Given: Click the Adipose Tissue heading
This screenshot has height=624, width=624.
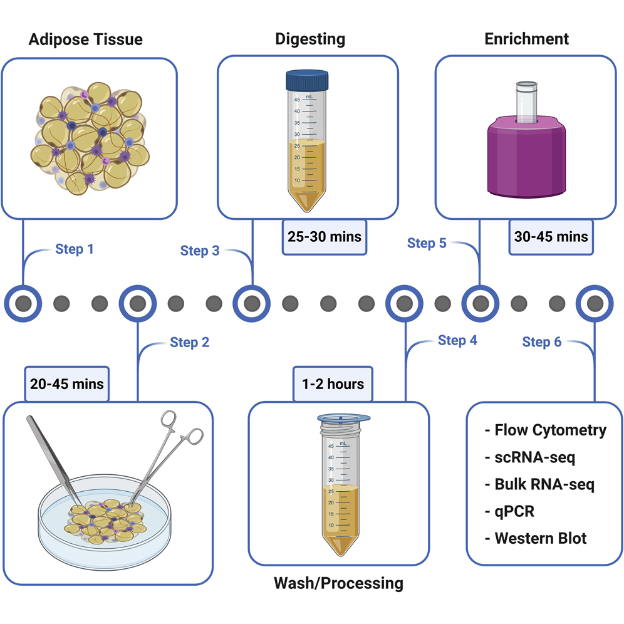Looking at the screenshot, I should pos(86,39).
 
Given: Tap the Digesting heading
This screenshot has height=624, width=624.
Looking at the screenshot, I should pos(310,39).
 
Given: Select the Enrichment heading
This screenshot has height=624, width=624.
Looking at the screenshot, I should pos(526,39).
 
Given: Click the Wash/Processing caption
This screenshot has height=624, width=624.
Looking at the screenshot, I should pos(338,583).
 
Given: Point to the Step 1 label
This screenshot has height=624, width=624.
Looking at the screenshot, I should pos(75,249).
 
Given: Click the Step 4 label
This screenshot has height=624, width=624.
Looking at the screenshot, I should pos(457,340).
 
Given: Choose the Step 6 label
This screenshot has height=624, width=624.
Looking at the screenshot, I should pos(542,341).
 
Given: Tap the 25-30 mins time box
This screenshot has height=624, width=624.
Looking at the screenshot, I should pos(324,237).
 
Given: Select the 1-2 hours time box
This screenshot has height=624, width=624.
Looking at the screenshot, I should pos(333,383).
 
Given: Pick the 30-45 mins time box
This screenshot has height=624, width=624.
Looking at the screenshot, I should pos(551,237).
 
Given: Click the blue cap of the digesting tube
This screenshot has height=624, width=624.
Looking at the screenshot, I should pos(307,80).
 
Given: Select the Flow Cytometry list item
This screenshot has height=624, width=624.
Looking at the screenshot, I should pos(545,430).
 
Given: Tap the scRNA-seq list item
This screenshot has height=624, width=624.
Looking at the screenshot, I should pos(529,457).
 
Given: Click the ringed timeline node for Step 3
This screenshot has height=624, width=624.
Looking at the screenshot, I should pos(252,304).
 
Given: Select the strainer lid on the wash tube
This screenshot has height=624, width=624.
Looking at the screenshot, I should pos(343,417).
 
